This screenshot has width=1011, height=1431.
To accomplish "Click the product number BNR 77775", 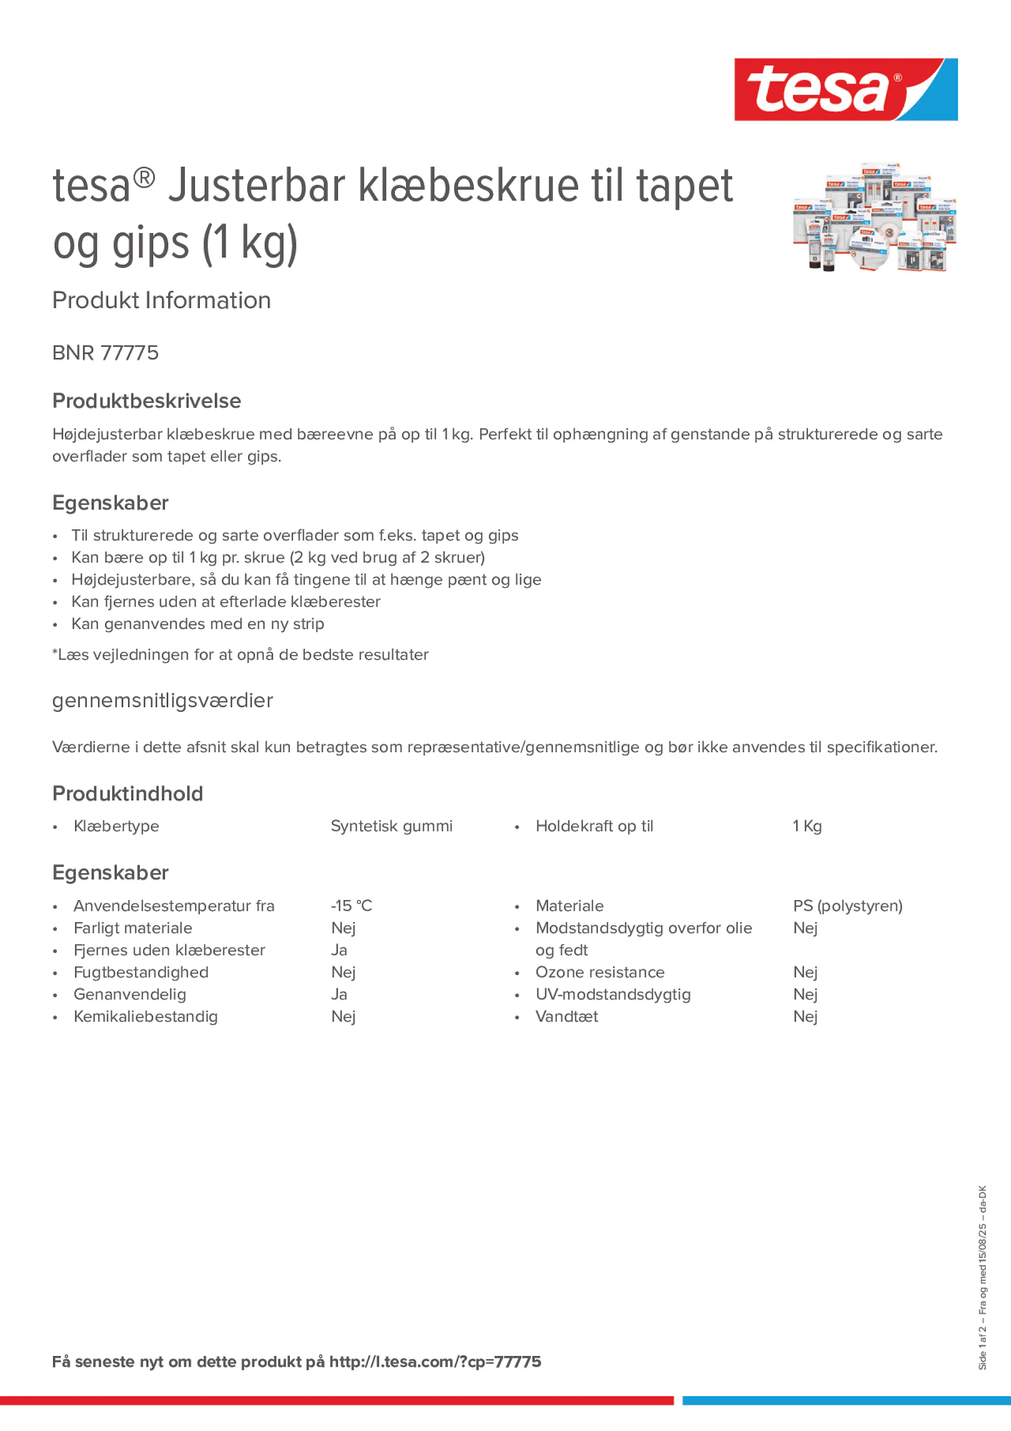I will click(x=106, y=353).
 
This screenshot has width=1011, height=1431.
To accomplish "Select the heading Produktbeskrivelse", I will click(x=146, y=401).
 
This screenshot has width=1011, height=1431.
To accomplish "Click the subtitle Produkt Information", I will click(x=161, y=301).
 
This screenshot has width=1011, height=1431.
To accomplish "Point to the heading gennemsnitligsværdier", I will click(x=162, y=701).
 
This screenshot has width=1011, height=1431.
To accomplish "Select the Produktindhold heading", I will click(x=128, y=793).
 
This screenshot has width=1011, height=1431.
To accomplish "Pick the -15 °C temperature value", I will click(x=351, y=905).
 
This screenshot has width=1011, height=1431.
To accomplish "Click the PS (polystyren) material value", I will click(x=848, y=905).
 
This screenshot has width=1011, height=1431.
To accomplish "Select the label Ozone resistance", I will click(x=600, y=972).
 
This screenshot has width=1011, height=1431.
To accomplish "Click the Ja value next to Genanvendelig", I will click(x=339, y=994).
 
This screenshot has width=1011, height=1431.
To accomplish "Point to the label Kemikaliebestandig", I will click(x=146, y=1016).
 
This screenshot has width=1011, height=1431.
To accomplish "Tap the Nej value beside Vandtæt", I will click(x=805, y=1016).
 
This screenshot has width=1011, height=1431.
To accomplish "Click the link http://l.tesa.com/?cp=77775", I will click(x=435, y=1362).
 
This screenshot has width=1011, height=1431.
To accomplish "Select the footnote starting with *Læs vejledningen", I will click(x=241, y=654).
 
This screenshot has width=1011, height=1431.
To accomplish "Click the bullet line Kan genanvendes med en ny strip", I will click(x=198, y=624).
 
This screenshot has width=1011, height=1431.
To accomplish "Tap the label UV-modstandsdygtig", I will click(x=613, y=994).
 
